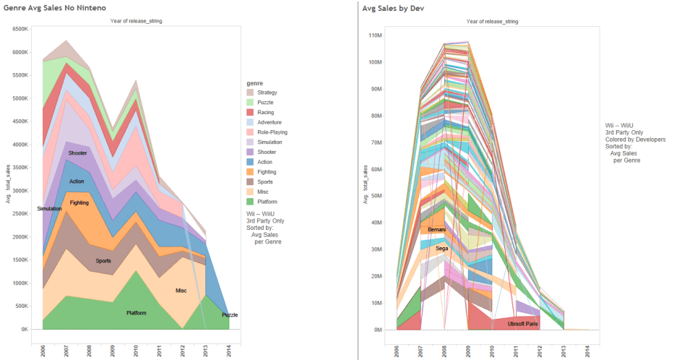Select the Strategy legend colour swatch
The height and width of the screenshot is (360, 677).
(x=250, y=93)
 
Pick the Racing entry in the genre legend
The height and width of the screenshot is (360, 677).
(x=265, y=112)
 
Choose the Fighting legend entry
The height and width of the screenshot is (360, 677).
(x=267, y=172)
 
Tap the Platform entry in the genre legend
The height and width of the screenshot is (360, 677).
(x=267, y=202)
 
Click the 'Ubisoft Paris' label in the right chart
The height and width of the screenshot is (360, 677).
(x=522, y=323)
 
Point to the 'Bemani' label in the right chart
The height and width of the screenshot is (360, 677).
(x=436, y=230)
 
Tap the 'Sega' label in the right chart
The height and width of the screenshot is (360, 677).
(x=441, y=248)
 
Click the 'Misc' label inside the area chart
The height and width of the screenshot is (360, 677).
(x=181, y=291)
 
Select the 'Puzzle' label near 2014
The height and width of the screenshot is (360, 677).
(x=230, y=315)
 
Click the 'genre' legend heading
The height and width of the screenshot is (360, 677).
(x=254, y=84)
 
